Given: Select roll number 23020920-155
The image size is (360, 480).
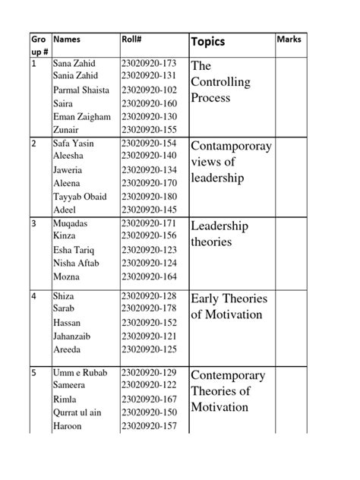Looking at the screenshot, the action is (x=149, y=130).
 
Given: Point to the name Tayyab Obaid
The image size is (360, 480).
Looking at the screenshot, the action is (x=80, y=197).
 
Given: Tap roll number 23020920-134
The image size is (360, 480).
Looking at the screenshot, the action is (x=149, y=170).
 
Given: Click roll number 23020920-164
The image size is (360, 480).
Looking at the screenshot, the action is (x=149, y=276).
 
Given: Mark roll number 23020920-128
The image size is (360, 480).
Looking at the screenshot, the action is (x=149, y=295).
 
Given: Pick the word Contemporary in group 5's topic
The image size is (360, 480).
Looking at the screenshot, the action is (x=228, y=375).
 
